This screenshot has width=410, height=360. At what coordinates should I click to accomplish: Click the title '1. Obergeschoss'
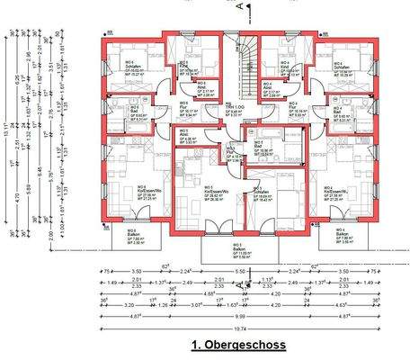pos(237,345)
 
